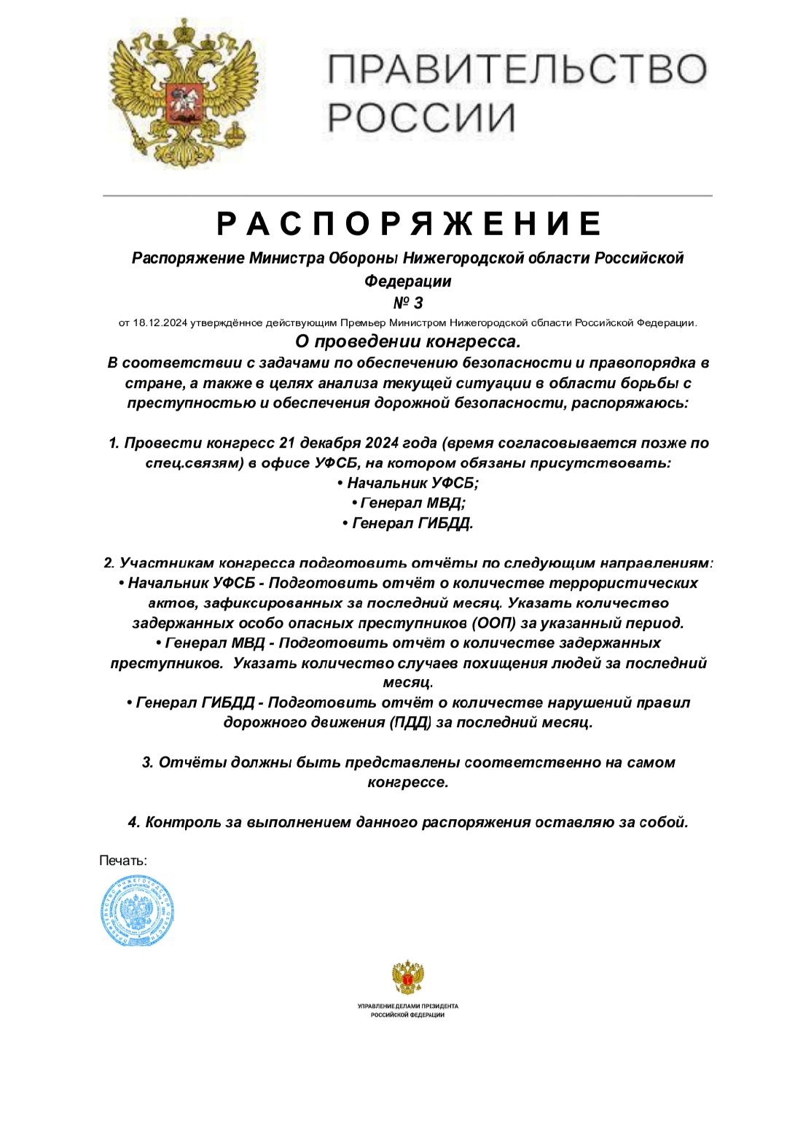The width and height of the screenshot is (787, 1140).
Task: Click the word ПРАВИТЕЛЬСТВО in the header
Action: pyautogui.click(x=517, y=70)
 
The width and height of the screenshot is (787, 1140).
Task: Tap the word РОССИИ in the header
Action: pyautogui.click(x=420, y=117)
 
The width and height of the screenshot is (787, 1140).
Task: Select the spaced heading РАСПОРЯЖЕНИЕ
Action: pyautogui.click(x=409, y=223)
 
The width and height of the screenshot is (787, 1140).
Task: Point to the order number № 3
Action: pyautogui.click(x=407, y=302)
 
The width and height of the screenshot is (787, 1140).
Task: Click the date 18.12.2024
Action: pyautogui.click(x=160, y=322)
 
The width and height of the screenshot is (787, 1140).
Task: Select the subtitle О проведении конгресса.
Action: pyautogui.click(x=407, y=341)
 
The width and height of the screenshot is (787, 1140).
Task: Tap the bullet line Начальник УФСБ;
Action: pyautogui.click(x=408, y=483)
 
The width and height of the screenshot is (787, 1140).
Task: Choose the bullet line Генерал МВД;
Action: pyautogui.click(x=408, y=503)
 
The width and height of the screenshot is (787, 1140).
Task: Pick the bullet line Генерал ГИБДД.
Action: pyautogui.click(x=408, y=523)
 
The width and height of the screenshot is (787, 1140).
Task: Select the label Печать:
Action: pyautogui.click(x=123, y=861)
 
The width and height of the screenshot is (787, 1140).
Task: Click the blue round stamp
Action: pyautogui.click(x=137, y=912)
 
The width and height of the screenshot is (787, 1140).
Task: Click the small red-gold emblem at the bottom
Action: pyautogui.click(x=408, y=977)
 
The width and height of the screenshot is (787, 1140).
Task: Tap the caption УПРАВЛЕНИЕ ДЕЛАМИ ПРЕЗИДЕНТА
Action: pyautogui.click(x=408, y=1006)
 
